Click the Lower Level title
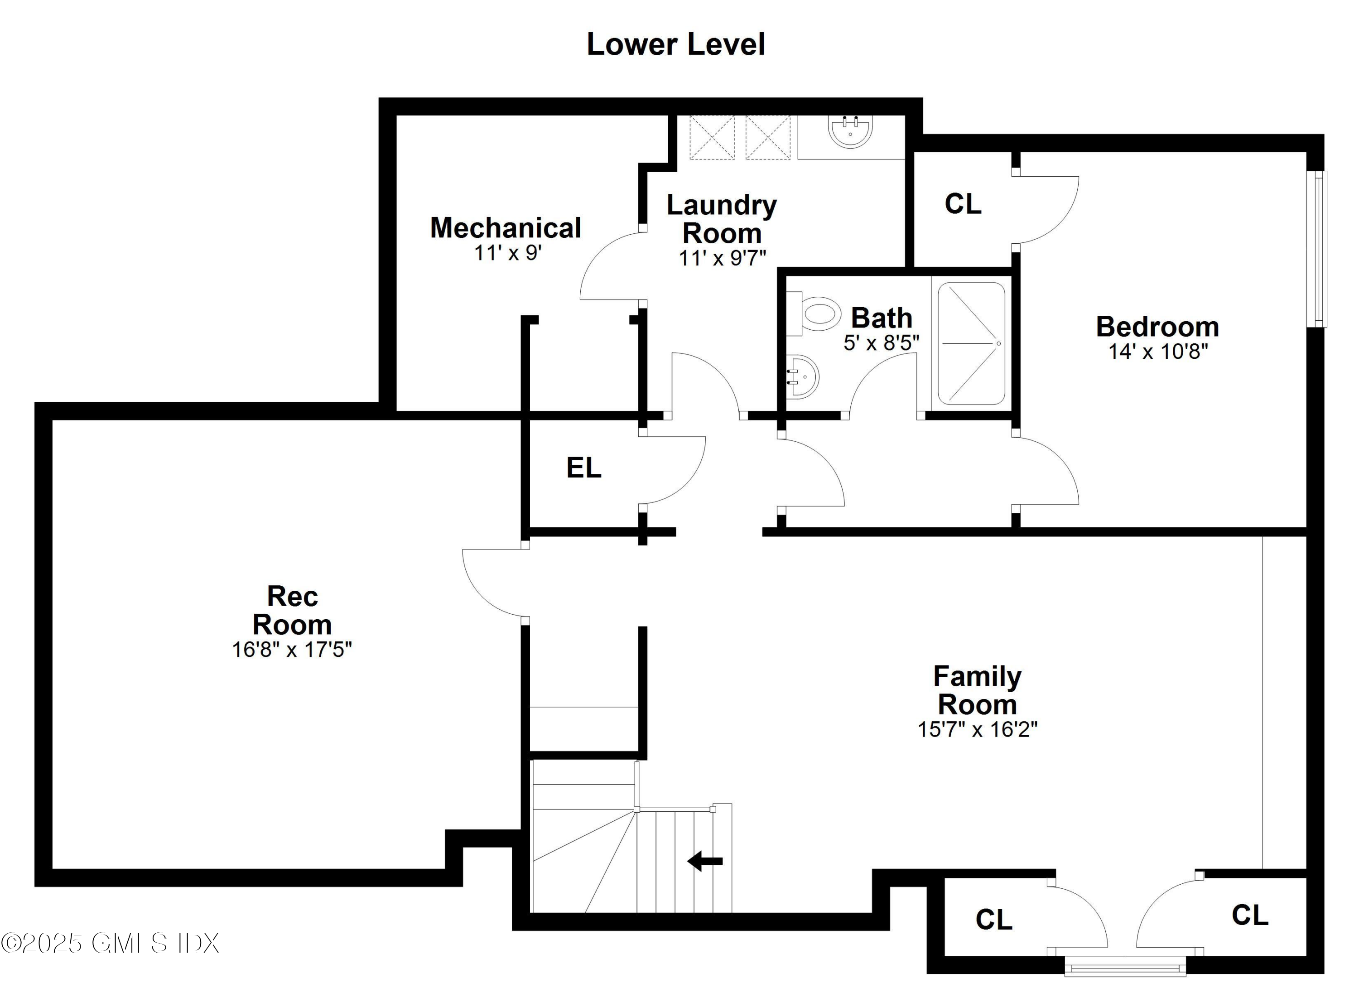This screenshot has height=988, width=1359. pos(675,45)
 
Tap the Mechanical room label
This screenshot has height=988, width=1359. pos(505,228)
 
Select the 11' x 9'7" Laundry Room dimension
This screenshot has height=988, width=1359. pos(722,258)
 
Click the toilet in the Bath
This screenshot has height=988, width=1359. pos(815,314)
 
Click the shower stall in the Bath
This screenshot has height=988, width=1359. pos(971,343)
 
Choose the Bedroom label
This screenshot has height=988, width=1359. pos(1157,327)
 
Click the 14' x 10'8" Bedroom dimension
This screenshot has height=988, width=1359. pos(1157,352)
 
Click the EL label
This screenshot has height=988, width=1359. pos(583,468)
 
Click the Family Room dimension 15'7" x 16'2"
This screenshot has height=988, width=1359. pos(977,730)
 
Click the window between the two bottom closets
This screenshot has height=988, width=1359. pos(1125,966)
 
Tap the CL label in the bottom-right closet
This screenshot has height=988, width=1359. pos(1249,916)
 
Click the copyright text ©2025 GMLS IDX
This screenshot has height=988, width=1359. pos(110,943)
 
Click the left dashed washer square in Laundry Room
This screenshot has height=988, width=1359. pos(711,138)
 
